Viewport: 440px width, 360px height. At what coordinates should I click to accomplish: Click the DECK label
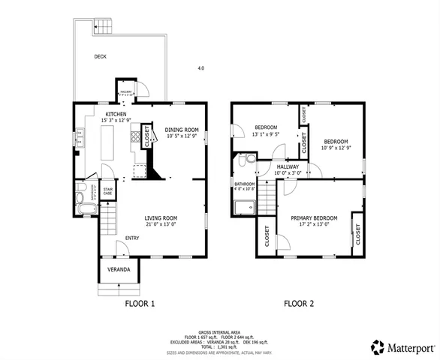[100, 56]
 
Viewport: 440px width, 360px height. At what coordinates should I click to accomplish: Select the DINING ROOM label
[181, 130]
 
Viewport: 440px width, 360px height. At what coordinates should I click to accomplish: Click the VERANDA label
[118, 268]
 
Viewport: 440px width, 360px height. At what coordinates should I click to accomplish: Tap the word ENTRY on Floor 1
[132, 238]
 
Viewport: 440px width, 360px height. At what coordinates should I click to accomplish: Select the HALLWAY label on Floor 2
[288, 166]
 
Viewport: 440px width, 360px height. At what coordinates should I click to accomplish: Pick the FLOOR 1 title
[139, 304]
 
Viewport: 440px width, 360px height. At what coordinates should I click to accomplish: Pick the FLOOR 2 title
[298, 304]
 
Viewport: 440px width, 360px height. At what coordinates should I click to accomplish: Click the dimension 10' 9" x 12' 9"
[336, 147]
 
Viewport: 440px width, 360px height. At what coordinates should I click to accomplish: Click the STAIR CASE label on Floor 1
[107, 192]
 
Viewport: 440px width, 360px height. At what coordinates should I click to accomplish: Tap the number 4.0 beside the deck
[200, 68]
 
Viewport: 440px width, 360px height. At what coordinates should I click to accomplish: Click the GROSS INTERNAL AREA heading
[219, 331]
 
